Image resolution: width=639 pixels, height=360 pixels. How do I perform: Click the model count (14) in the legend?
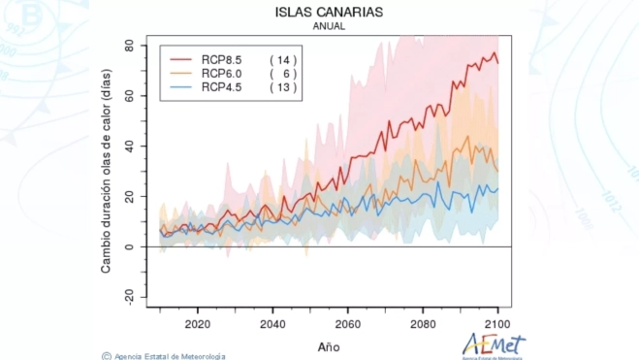pyautogui.click(x=283, y=60)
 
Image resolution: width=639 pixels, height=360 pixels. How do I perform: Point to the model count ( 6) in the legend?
pyautogui.click(x=283, y=74)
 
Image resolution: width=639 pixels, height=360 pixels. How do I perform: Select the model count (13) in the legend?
pyautogui.click(x=283, y=87)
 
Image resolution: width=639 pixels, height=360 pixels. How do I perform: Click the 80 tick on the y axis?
pyautogui.click(x=127, y=46)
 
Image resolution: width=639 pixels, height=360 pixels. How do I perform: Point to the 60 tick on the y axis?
pyautogui.click(x=127, y=96)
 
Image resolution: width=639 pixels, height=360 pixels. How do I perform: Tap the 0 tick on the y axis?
pyautogui.click(x=130, y=246)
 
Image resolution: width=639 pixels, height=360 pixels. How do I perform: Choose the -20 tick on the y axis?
pyautogui.click(x=125, y=297)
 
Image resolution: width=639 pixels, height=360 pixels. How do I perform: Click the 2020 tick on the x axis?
pyautogui.click(x=197, y=324)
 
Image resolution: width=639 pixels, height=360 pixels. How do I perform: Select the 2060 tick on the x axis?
pyautogui.click(x=347, y=324)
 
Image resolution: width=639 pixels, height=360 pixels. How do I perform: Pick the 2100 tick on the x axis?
pyautogui.click(x=497, y=324)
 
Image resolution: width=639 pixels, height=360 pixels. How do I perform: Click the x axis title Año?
pyautogui.click(x=329, y=344)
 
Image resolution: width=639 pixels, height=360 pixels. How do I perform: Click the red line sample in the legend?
pyautogui.click(x=176, y=60)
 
